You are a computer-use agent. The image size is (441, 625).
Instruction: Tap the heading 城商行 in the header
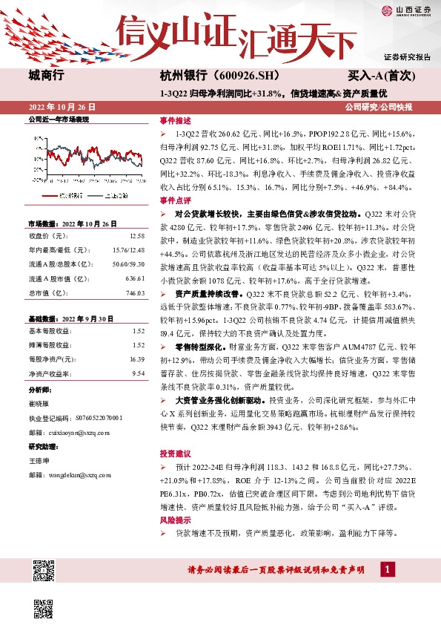[x=47, y=76]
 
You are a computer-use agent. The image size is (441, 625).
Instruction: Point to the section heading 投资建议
[x=175, y=453]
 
